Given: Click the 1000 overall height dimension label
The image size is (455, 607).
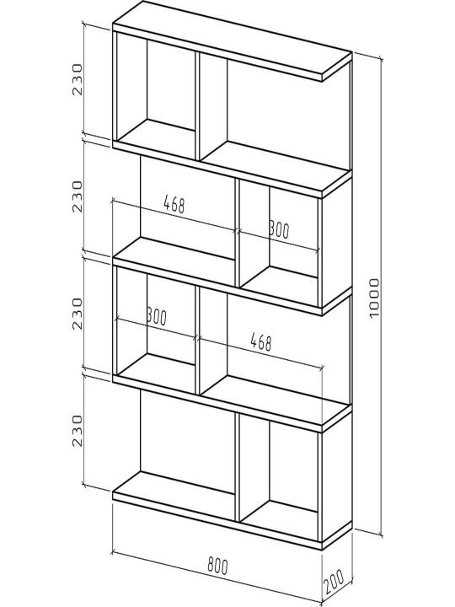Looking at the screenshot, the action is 374,298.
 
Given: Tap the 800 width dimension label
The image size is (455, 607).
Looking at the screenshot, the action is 218,566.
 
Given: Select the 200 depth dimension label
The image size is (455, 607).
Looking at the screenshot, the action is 335,582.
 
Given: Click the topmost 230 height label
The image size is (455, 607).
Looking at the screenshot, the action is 78,80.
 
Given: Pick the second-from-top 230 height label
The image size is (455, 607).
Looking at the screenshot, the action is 78,196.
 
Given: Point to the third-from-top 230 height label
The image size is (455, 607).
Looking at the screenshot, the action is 78,314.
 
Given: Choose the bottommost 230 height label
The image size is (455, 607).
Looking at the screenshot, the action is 78,431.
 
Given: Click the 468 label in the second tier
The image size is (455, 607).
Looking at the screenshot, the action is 174,204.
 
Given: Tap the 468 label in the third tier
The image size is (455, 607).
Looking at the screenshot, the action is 261,342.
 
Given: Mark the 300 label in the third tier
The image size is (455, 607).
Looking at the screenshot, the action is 157,317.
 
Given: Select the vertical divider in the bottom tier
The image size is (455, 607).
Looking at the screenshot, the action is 237,468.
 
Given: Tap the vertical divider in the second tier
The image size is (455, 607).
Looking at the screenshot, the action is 237,233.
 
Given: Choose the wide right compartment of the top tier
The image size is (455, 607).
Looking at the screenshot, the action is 275,112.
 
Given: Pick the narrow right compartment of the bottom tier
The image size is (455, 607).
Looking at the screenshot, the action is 280,476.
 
